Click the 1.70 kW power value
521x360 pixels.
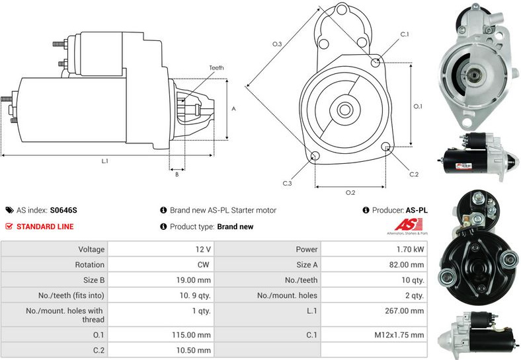[410, 250]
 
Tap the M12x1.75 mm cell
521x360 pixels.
[399, 335]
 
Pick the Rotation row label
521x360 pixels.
[90, 265]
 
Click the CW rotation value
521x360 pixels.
[204, 265]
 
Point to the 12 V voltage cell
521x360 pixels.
[203, 250]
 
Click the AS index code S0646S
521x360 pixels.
[63, 211]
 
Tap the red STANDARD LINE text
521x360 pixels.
[45, 227]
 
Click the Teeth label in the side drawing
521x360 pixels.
[216, 68]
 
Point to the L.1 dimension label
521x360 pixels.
[104, 161]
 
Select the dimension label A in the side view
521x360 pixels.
[233, 109]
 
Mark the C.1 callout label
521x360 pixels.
[405, 34]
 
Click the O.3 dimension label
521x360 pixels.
[277, 44]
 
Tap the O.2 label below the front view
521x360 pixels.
[350, 193]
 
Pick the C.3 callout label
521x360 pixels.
[287, 183]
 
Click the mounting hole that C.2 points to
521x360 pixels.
[387, 147]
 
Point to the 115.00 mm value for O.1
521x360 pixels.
[193, 335]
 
